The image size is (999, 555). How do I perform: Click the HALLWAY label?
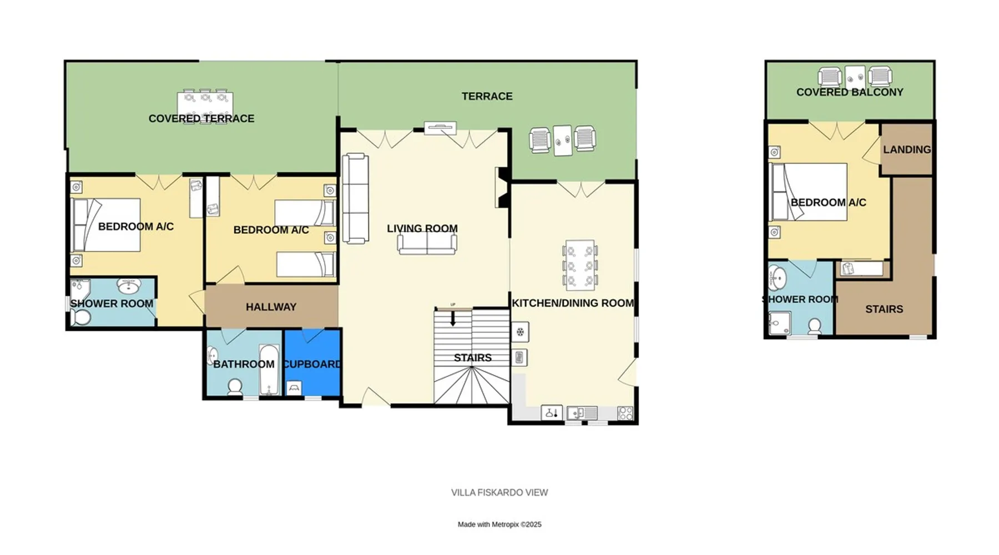271,307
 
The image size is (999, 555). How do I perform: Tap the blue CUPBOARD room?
312,362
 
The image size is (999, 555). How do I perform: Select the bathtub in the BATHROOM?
270,370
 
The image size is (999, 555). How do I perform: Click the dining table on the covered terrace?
205,106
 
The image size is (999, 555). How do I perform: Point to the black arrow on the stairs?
453,318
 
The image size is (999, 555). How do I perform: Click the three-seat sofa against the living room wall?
355,199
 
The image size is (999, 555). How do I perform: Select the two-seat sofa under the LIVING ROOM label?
427,244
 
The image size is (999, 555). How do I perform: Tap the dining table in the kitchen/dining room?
579,265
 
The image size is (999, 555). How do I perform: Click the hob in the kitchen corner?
625,413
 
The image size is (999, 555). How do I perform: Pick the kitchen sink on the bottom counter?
582,413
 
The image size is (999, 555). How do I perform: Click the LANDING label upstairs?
907,149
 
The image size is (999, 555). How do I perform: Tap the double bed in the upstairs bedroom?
809,191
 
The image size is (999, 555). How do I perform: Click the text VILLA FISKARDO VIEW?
500,492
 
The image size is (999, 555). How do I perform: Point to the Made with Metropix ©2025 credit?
500,524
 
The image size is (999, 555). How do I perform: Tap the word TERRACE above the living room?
487,97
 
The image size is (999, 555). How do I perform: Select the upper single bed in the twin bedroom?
305,213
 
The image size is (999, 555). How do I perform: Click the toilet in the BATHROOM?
235,386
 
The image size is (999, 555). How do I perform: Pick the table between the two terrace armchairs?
562,140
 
